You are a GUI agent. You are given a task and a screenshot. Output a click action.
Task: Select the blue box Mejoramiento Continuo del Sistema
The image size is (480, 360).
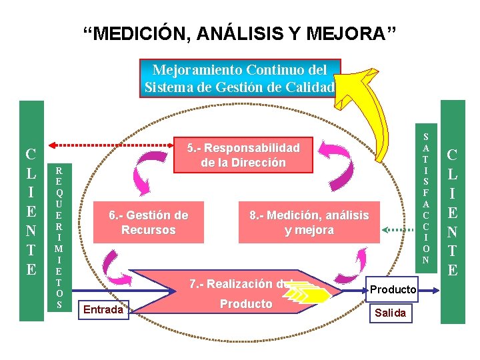(239, 78)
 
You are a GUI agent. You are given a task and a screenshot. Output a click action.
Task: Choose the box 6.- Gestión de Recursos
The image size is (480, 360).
(148, 222)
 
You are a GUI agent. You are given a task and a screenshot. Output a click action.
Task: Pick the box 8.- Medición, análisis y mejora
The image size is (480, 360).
(309, 222)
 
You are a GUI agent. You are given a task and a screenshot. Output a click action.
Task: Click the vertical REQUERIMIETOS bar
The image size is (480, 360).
(59, 236)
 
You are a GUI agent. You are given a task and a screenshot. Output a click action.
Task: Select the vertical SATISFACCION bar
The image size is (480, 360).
(426, 194)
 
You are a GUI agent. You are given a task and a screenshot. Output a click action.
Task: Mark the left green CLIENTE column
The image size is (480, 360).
(31, 211)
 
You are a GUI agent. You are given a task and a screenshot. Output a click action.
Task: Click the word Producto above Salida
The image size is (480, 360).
(393, 289)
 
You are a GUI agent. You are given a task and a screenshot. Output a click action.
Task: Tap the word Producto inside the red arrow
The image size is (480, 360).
(246, 304)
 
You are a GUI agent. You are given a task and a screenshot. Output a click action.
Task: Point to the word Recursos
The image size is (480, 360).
(148, 230)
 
